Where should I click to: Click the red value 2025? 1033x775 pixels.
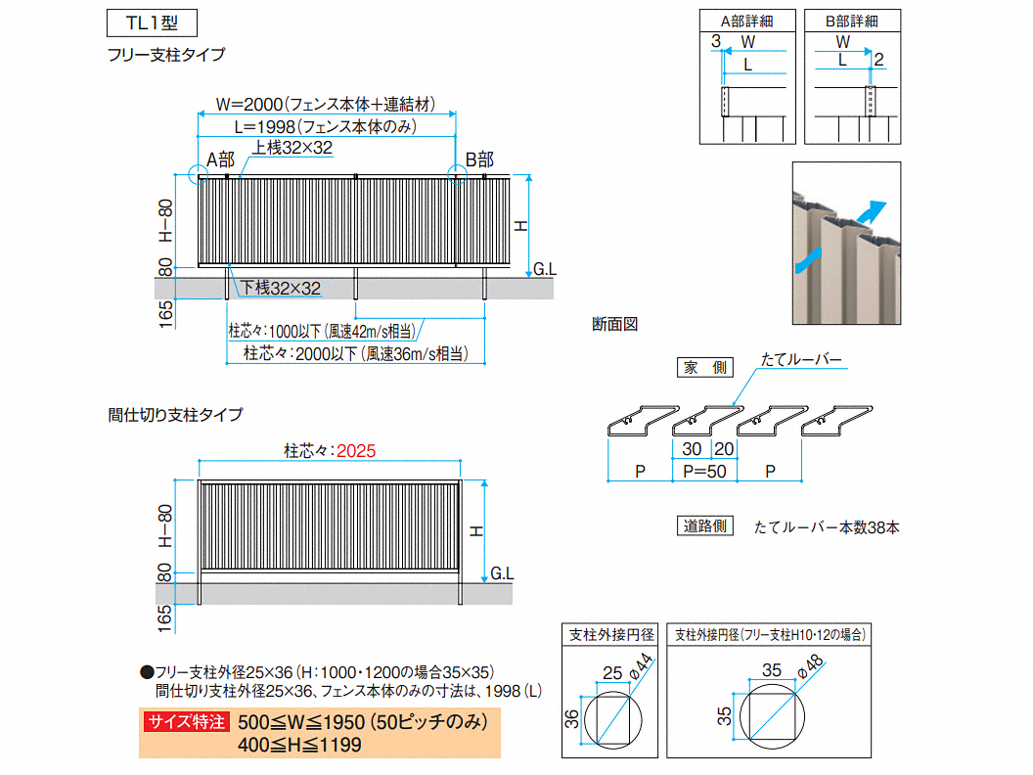pyautogui.click(x=355, y=452)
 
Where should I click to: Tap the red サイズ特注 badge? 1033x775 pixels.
pyautogui.click(x=186, y=723)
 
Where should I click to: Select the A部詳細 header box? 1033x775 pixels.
pyautogui.click(x=744, y=21)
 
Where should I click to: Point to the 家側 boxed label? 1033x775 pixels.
pyautogui.click(x=704, y=368)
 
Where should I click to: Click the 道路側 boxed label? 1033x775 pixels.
pyautogui.click(x=705, y=525)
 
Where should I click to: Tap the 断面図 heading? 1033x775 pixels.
pyautogui.click(x=615, y=323)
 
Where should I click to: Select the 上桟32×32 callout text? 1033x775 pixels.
pyautogui.click(x=293, y=148)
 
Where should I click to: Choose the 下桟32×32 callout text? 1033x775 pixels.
pyautogui.click(x=282, y=288)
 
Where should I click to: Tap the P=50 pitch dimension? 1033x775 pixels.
pyautogui.click(x=704, y=472)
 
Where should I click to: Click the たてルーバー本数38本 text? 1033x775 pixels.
pyautogui.click(x=827, y=527)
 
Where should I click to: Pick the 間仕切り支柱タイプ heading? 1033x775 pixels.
pyautogui.click(x=175, y=415)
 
